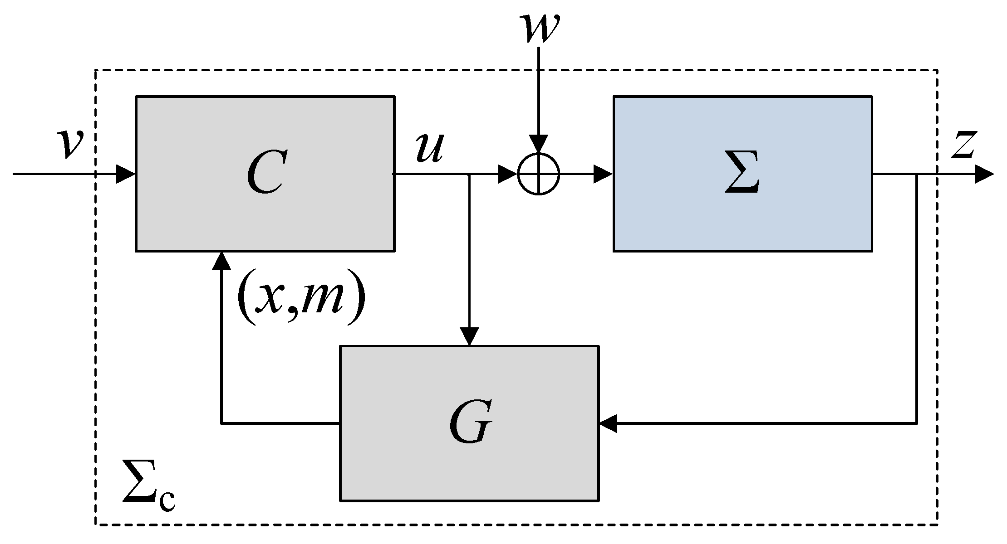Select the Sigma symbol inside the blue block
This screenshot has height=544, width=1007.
point(742,173)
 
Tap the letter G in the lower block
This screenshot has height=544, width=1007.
point(470,423)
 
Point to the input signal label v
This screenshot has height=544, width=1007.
point(71,144)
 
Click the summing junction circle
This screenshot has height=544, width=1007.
point(539,174)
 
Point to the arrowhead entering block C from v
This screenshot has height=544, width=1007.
point(126,174)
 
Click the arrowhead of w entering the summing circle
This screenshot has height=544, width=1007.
point(539,144)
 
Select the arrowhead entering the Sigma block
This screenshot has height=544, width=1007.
point(604,174)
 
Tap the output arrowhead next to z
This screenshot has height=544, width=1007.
point(984,174)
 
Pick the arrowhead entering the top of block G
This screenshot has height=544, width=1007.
point(469,336)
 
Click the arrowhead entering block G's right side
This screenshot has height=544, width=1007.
point(608,423)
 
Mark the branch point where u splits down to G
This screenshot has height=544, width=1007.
point(469,174)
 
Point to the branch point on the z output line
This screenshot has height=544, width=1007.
point(917,174)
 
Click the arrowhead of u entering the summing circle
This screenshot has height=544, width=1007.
point(508,174)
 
